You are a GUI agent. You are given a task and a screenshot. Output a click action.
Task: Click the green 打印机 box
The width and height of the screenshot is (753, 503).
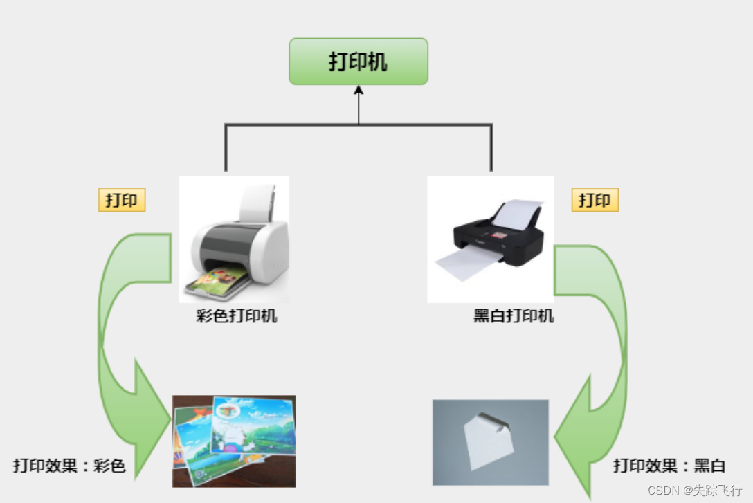point(359,62)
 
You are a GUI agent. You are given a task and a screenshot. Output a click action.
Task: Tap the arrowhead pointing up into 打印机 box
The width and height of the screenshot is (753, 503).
point(359,91)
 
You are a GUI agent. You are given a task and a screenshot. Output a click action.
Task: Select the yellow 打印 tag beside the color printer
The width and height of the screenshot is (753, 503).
point(122,201)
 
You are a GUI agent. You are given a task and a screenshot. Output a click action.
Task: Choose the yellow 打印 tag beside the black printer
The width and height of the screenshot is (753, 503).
point(595,201)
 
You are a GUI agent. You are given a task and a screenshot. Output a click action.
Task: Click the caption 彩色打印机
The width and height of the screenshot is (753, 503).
point(237,317)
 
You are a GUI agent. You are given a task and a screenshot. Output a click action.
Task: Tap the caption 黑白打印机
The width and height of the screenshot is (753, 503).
point(514,317)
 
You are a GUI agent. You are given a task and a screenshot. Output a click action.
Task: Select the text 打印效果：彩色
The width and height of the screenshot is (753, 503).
point(69,466)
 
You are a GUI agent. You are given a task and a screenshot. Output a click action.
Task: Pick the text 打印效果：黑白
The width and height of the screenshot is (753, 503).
point(669,466)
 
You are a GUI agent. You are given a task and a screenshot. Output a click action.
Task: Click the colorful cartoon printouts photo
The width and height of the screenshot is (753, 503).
point(234,441)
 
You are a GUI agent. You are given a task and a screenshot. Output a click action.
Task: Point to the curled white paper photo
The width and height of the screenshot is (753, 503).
point(490,442)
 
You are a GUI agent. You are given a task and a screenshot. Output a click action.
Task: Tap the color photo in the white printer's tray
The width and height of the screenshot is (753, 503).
point(215,281)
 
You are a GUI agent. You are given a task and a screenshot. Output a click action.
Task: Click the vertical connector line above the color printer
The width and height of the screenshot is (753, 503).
point(226,147)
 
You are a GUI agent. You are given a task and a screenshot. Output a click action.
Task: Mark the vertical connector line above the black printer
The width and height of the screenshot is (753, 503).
point(491,147)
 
